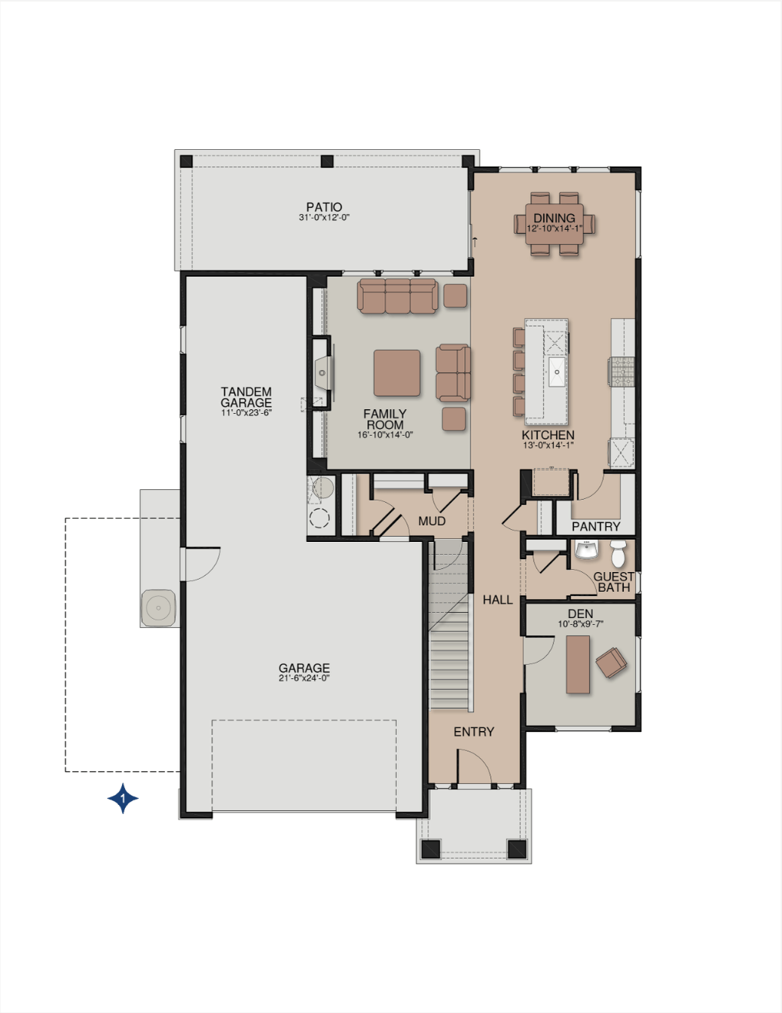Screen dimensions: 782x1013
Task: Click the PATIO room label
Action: [x=324, y=207]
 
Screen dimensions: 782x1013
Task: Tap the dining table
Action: [x=554, y=224]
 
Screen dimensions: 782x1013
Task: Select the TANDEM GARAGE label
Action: [x=246, y=397]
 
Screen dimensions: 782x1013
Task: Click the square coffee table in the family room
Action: [x=397, y=373]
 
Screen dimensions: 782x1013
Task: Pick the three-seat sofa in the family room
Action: [x=397, y=295]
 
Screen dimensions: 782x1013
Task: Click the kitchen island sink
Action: [x=557, y=372]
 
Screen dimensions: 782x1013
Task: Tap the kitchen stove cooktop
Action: [x=623, y=372]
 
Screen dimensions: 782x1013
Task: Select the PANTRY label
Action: [x=596, y=526]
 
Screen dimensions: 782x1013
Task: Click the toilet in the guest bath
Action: [x=618, y=553]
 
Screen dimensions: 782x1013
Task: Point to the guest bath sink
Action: [x=586, y=549]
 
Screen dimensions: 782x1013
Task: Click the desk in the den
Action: [x=578, y=664]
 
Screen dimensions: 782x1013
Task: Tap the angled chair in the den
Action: [x=611, y=663]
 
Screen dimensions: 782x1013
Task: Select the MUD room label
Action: [x=432, y=521]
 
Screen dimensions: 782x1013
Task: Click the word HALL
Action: [x=497, y=599]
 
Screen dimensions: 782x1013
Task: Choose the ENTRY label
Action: [x=474, y=732]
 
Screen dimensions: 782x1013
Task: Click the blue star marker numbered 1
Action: [x=123, y=798]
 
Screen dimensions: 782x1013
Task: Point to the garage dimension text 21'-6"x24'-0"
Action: [x=304, y=678]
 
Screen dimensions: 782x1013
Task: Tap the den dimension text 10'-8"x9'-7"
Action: [x=580, y=624]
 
